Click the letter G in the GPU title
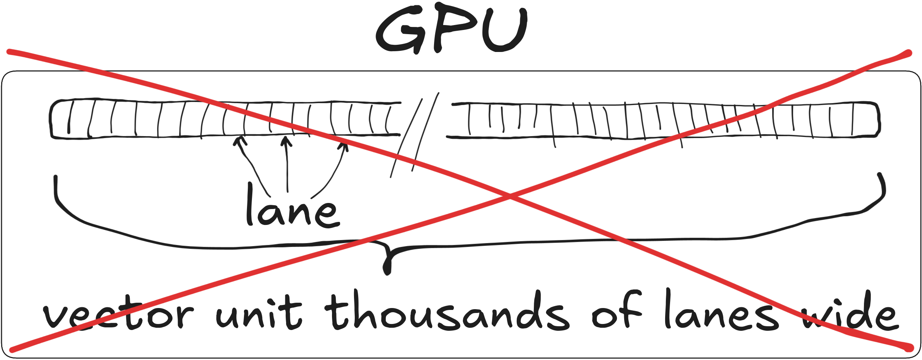400,30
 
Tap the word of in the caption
617,309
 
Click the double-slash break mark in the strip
415,135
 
